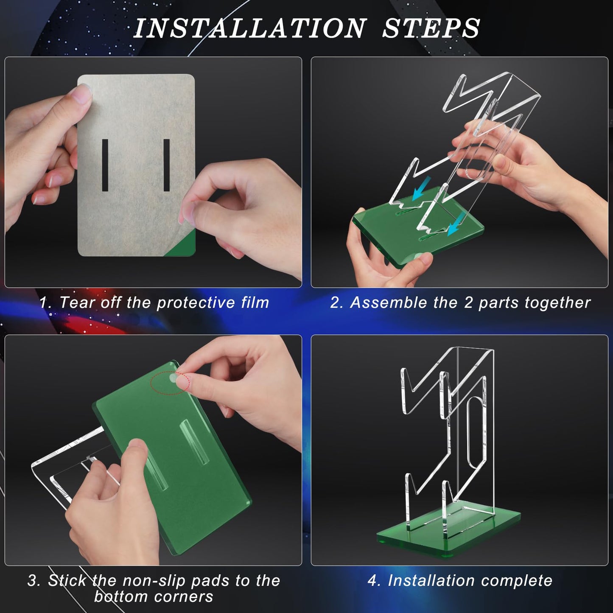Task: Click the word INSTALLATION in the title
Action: [x=250, y=28]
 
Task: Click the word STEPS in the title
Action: [x=431, y=28]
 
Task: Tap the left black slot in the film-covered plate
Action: [x=105, y=165]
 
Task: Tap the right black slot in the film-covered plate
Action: [x=166, y=165]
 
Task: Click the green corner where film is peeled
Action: [x=183, y=245]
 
